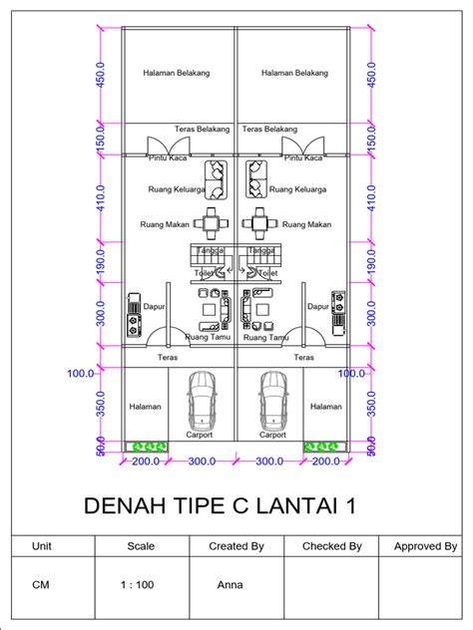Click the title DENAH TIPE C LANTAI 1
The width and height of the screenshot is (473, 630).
(219, 506)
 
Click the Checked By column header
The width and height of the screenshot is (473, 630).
(331, 546)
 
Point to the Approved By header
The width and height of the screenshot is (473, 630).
(425, 546)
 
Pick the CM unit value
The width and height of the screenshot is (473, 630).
(41, 585)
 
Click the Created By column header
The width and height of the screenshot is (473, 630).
(236, 546)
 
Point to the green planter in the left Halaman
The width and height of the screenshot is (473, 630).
(146, 446)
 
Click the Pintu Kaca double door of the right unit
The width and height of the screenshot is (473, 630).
(307, 146)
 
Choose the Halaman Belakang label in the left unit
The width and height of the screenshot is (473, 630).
(177, 72)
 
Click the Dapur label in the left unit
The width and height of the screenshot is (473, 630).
(154, 308)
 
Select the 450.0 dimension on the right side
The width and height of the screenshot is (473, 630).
(371, 73)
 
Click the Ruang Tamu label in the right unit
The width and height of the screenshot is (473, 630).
(265, 338)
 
